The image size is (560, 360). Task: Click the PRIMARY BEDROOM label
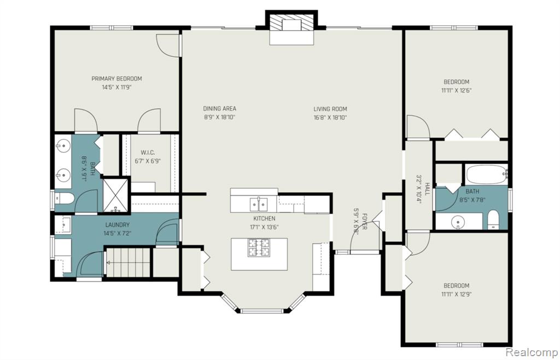tap(116, 79)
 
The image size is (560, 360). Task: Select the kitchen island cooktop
tap(259, 248)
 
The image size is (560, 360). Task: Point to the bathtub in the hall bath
tap(486, 175)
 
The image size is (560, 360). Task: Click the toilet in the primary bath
tap(65, 198)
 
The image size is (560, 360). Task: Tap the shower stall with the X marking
tap(115, 195)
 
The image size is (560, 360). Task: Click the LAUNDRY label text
tap(117, 225)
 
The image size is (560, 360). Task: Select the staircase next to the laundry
tap(128, 263)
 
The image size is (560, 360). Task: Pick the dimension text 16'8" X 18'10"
tap(330, 118)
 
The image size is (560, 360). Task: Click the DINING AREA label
tap(220, 108)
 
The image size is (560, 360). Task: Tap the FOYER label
tap(364, 222)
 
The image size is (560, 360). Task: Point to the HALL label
tap(427, 189)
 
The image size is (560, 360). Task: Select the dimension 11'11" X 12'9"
tap(457, 295)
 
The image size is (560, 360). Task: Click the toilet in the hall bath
tap(493, 219)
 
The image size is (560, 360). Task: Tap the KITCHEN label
tap(264, 219)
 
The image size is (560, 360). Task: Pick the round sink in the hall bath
tap(457, 223)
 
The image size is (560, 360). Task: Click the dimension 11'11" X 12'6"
tap(457, 91)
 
